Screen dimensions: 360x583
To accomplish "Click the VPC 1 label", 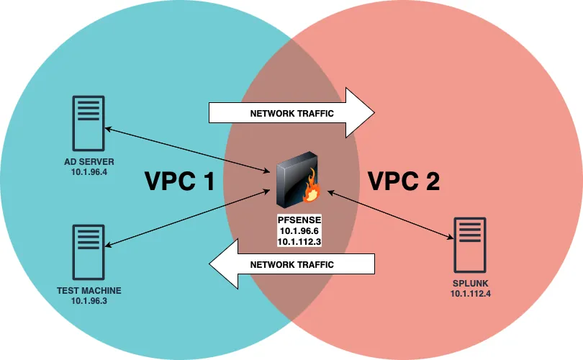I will [x=179, y=181].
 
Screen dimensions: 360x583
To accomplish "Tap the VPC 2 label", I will [x=404, y=181].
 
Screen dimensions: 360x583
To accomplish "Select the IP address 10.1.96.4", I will [x=89, y=172].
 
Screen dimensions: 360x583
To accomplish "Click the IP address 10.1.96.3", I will [x=89, y=301].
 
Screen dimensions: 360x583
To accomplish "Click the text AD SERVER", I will [x=89, y=161].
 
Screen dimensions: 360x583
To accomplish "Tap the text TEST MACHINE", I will [x=89, y=291].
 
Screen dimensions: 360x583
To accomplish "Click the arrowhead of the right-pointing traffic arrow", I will [x=360, y=113].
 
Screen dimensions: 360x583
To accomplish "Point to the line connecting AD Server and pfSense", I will [x=187, y=150].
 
